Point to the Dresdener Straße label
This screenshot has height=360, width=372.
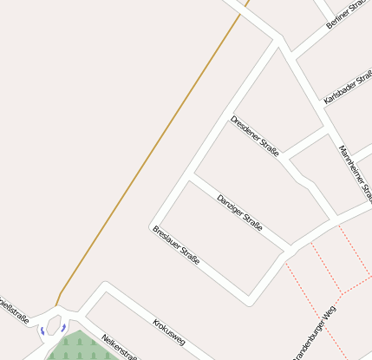coord(255,135)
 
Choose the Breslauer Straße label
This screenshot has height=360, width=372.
coord(176,245)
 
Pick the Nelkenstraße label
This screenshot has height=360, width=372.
coord(120,346)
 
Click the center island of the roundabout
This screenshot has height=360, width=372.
coord(54,326)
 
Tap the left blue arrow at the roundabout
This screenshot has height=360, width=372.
coord(42,331)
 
